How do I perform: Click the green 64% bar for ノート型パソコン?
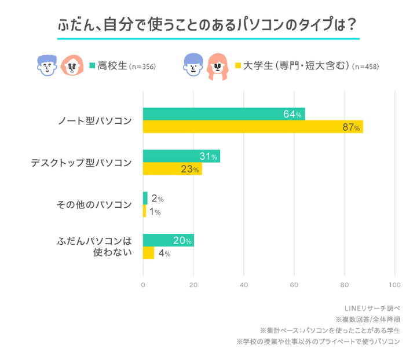tap(224, 114)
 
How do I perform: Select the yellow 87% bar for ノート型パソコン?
tap(253, 127)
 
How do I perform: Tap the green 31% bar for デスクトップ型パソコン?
tap(181, 156)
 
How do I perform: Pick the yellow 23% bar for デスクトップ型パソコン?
tap(172, 169)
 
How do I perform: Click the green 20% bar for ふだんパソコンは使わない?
tap(168, 240)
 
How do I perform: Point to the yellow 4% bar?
tap(148, 253)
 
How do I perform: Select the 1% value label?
tap(155, 212)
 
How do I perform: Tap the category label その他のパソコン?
tap(94, 205)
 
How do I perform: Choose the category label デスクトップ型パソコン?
tap(81, 163)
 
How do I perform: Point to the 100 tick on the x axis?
tap(395, 285)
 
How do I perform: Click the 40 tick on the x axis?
tap(244, 285)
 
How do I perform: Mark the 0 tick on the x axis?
tap(143, 285)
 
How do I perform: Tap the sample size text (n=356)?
tap(142, 66)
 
